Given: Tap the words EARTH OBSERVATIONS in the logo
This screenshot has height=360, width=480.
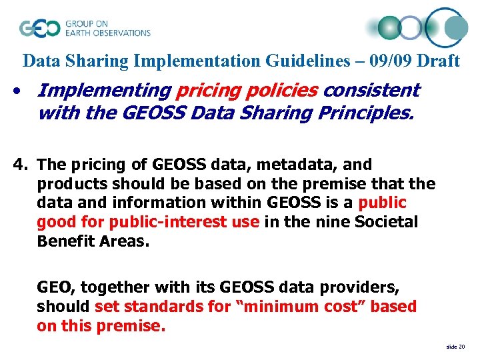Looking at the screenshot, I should [107, 32].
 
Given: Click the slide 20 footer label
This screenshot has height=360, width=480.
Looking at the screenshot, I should [455, 347].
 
